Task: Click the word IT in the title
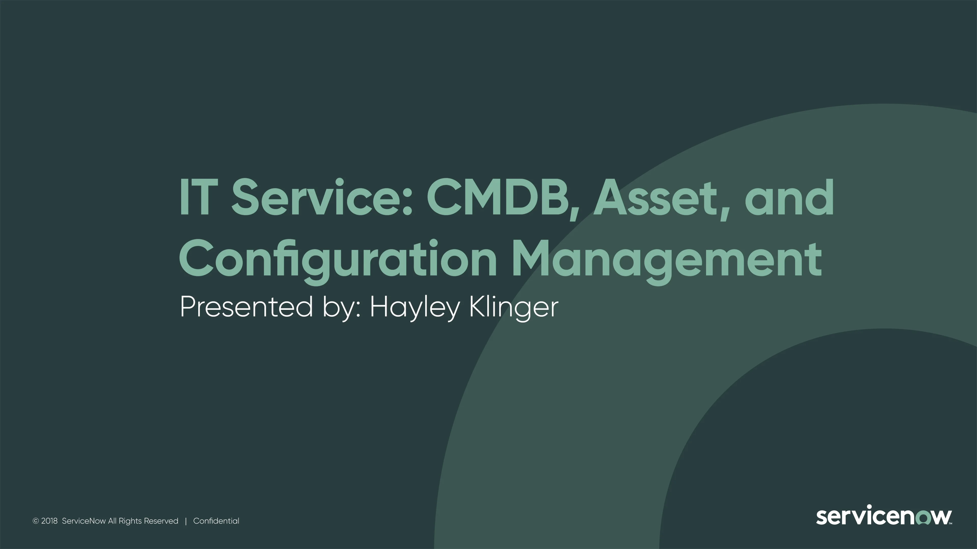(198, 197)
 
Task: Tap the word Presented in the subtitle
(247, 307)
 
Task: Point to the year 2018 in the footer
(49, 521)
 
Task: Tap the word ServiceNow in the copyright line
(84, 521)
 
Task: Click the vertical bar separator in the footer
(186, 521)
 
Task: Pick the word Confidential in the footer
(216, 521)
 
